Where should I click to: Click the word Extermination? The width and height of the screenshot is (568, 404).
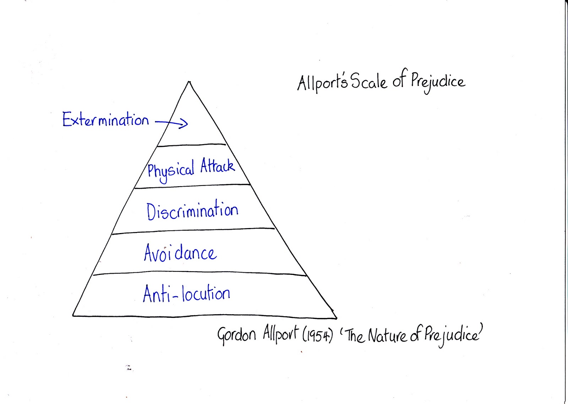(105, 120)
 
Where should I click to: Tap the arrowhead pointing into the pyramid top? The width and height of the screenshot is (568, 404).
(184, 123)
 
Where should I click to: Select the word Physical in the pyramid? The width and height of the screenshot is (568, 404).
(171, 171)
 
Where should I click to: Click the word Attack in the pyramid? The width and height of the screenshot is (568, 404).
(217, 166)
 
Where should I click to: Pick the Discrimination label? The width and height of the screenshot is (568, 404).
(192, 211)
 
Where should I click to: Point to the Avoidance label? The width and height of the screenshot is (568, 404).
(180, 253)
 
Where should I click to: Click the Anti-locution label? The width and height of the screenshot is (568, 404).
(186, 294)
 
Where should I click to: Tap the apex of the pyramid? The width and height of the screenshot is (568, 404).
(189, 82)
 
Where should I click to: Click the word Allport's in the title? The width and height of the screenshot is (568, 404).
(322, 83)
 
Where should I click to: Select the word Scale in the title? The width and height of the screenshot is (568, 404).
(369, 82)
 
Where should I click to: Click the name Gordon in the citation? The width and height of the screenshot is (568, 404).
(236, 335)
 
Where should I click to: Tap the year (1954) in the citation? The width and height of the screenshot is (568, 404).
(317, 335)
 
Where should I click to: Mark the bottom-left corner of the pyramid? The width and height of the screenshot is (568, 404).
(73, 315)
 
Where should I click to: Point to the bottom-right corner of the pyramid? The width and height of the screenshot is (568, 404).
(336, 318)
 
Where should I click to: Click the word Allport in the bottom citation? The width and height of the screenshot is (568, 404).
(280, 334)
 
